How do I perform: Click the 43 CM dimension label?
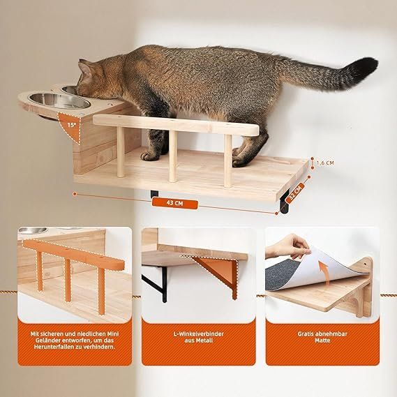click(x=174, y=203)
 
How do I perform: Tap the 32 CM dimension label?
click(x=296, y=192)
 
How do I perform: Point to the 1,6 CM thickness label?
click(x=325, y=163)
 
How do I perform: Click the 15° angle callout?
click(x=72, y=125)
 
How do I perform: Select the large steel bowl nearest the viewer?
click(x=59, y=100)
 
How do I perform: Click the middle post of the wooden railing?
click(x=173, y=156)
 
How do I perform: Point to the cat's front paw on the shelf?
click(x=149, y=156)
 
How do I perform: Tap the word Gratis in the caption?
click(x=306, y=334)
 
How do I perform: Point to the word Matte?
click(x=322, y=340)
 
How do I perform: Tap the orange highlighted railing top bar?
click(x=73, y=255)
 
